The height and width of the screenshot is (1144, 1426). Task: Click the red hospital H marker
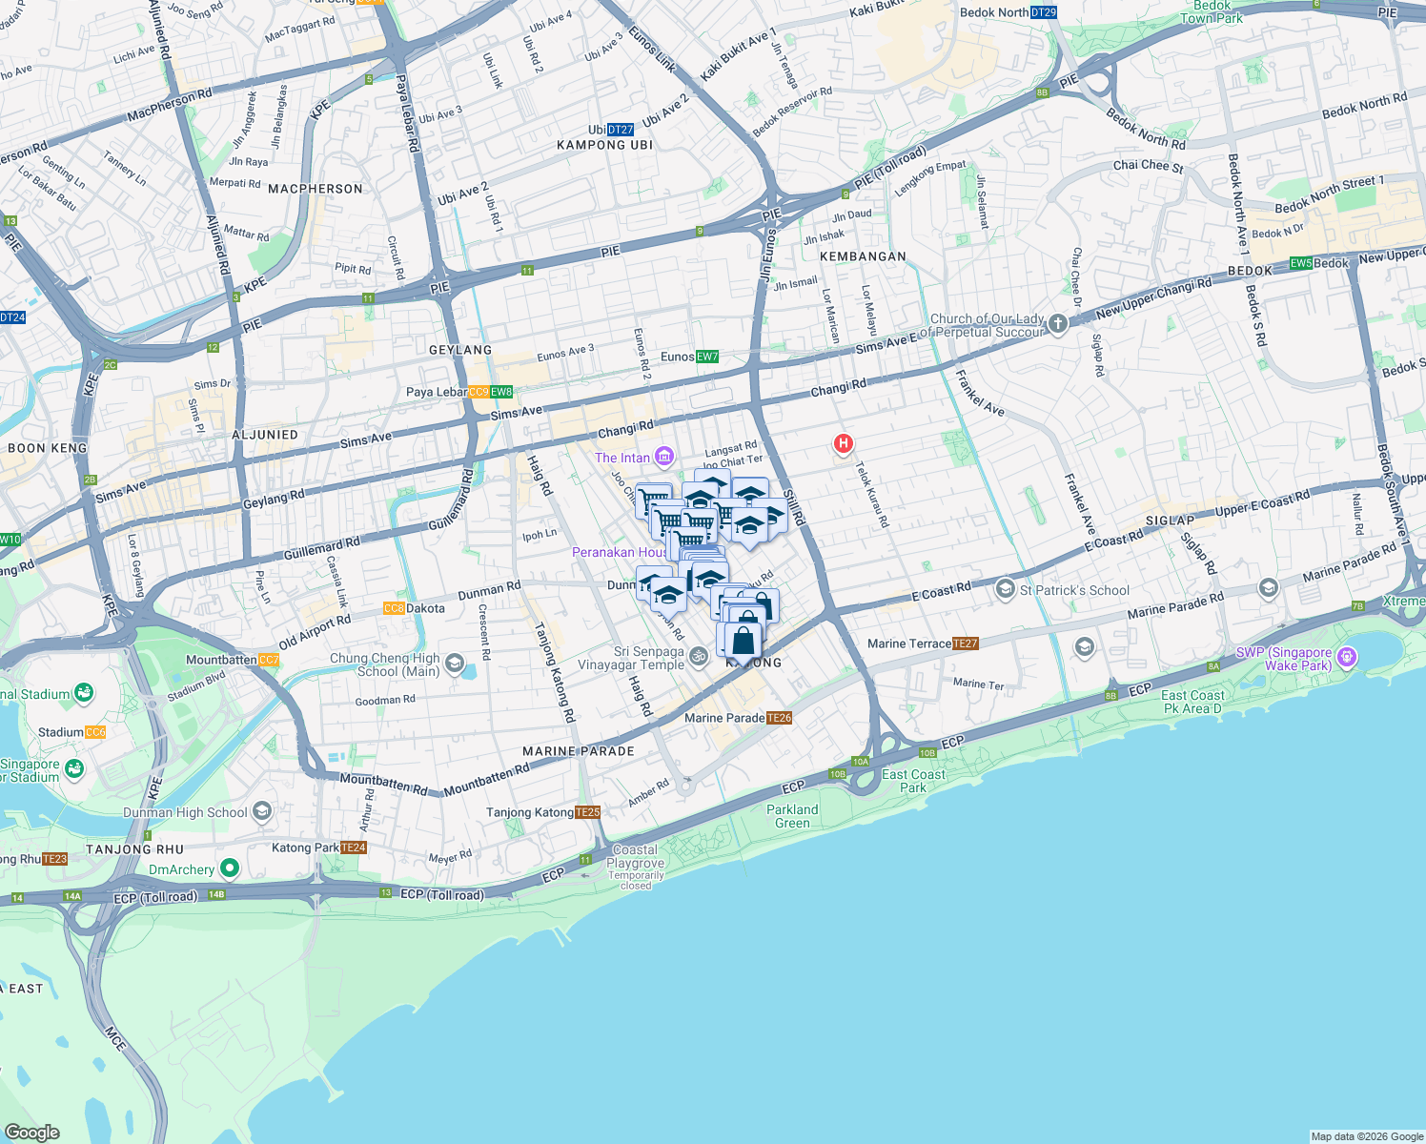843,443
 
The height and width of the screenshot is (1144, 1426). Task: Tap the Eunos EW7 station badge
706,357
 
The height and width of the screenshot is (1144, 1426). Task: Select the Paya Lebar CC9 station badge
479,392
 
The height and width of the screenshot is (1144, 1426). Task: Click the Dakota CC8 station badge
394,608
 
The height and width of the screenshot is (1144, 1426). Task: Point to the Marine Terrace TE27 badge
966,643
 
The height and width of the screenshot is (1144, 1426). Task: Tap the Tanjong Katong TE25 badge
588,812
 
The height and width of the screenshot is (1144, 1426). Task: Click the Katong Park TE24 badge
354,848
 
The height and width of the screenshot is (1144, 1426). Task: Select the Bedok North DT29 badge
1044,12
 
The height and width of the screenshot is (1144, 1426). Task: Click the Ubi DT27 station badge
621,130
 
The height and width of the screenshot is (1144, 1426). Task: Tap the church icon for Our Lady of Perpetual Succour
1058,325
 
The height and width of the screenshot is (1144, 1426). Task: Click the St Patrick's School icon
1005,589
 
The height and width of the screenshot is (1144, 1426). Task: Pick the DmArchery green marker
229,868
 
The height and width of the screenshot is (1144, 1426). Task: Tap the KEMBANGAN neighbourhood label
863,256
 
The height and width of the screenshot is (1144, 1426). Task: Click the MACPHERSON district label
316,189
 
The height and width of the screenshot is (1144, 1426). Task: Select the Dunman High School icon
262,812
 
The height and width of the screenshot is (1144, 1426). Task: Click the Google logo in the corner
32,1132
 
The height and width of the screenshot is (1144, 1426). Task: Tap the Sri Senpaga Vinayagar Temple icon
698,656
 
